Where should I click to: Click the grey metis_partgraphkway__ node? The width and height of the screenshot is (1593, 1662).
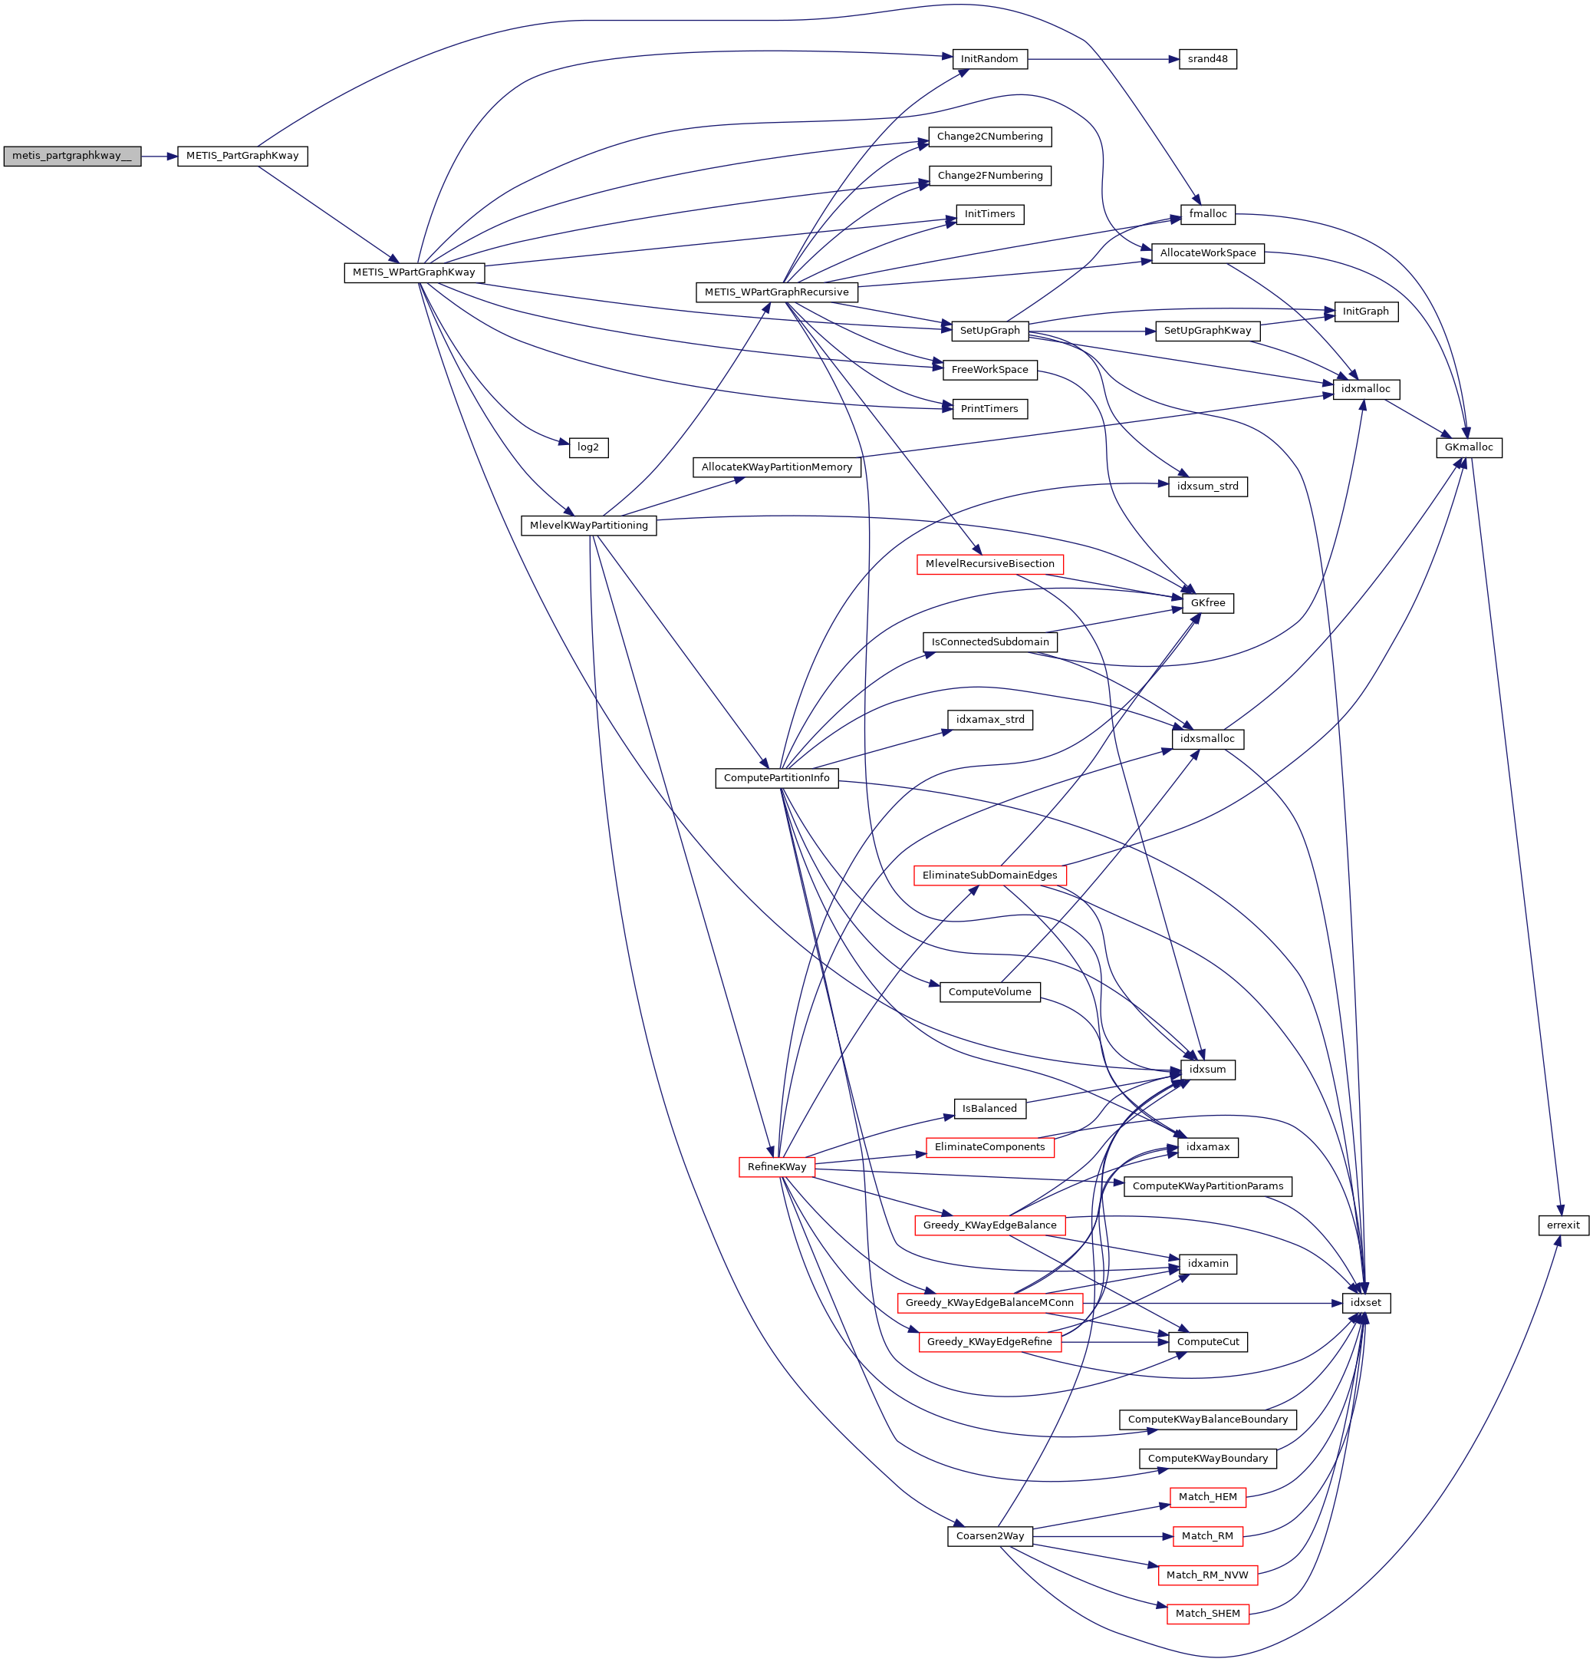point(72,156)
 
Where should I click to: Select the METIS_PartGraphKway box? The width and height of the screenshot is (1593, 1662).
point(242,156)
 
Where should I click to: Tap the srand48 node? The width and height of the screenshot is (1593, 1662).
point(1207,59)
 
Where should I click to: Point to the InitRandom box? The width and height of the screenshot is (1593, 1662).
point(989,59)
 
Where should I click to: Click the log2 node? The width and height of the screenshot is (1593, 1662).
point(588,447)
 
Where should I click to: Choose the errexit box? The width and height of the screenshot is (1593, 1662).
point(1563,1225)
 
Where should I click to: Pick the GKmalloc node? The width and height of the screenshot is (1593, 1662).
point(1470,447)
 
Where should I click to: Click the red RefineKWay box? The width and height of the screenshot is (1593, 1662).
point(777,1167)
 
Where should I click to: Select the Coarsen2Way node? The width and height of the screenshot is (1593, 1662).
point(989,1535)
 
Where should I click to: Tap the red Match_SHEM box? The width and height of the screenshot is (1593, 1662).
point(1207,1614)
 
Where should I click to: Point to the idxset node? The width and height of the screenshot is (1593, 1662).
point(1366,1302)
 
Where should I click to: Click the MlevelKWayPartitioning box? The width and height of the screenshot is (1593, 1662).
point(588,526)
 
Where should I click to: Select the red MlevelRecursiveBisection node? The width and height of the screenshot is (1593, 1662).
point(989,564)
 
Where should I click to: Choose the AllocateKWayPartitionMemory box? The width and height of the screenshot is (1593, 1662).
point(777,467)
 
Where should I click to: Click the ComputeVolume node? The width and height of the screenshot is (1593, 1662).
point(989,992)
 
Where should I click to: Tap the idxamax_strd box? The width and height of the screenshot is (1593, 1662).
point(989,720)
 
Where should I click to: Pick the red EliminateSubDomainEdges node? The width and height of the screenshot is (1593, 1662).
point(989,875)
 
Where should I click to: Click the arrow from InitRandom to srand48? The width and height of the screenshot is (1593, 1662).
point(1102,59)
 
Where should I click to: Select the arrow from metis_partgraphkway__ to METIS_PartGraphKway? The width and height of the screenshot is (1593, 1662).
point(159,156)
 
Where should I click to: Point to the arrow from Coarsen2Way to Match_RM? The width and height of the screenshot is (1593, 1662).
point(1102,1536)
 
